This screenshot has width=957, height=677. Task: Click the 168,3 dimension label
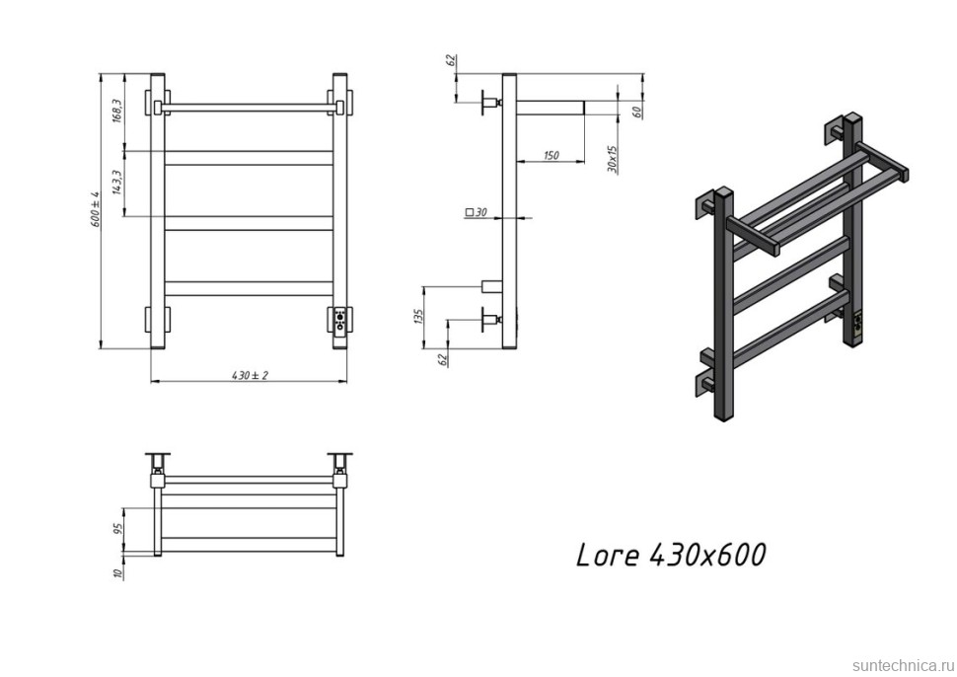click(116, 111)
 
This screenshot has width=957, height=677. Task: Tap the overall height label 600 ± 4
click(95, 210)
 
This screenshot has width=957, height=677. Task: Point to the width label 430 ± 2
click(250, 375)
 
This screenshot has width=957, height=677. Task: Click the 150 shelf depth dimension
click(551, 155)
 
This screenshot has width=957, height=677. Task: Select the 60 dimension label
click(637, 111)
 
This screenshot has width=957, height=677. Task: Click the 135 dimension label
click(417, 316)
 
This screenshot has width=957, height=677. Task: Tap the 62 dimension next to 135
click(441, 359)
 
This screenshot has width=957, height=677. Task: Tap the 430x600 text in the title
click(707, 556)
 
